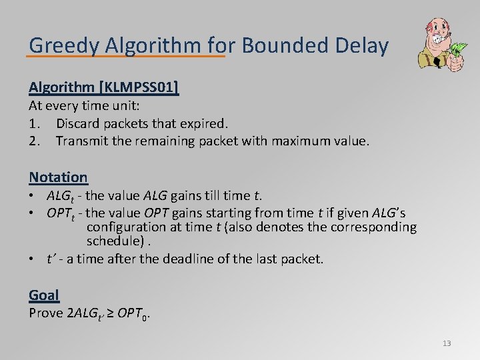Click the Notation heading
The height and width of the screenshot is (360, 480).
[x=58, y=177]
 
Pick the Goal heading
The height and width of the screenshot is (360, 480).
[x=44, y=295]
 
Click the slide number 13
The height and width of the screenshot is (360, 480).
[x=447, y=343]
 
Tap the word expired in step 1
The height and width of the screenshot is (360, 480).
[x=205, y=123]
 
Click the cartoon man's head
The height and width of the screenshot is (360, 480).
[x=433, y=30]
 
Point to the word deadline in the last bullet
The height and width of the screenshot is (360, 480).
[x=195, y=259]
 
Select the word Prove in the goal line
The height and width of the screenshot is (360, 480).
[x=47, y=313]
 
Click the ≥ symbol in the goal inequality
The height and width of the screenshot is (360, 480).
[x=109, y=313]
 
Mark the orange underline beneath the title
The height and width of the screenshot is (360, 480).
[x=127, y=57]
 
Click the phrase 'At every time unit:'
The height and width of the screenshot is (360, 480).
[x=83, y=106]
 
